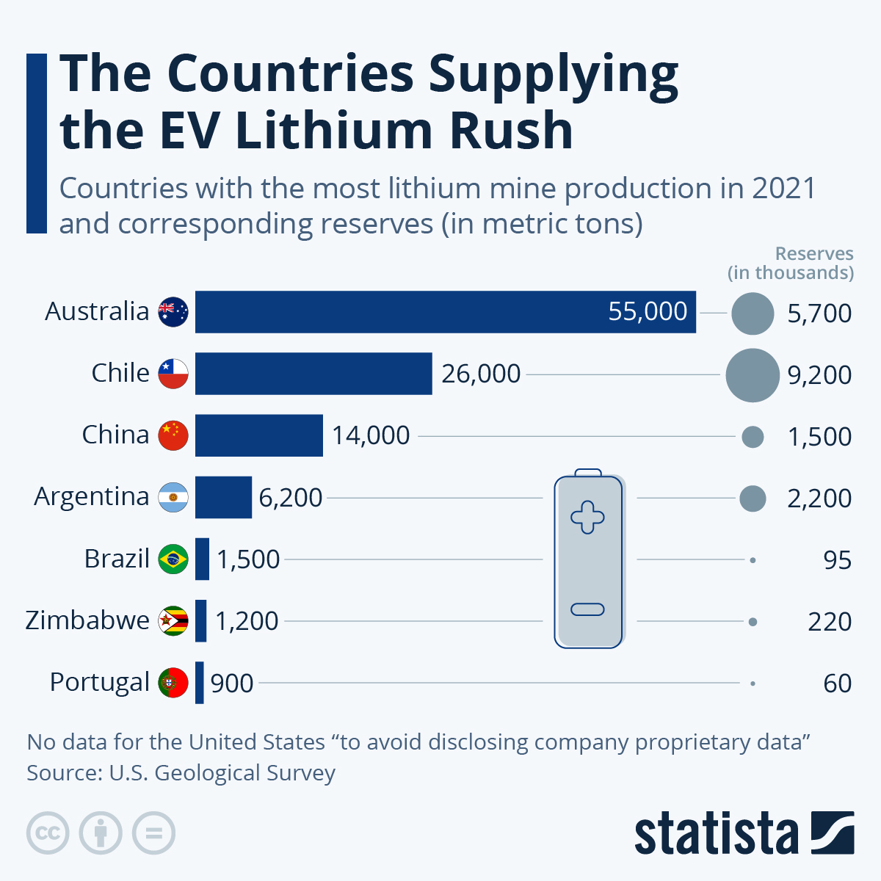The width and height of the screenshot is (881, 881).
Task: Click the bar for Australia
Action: pos(396,312)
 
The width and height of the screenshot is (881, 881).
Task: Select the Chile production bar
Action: pos(313,374)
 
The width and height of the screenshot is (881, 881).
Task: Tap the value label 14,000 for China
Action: pos(371,435)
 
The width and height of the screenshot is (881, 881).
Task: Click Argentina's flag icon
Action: pos(173,497)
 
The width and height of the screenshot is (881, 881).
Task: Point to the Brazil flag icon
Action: pos(173,559)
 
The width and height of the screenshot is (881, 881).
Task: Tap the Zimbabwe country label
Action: pos(87,620)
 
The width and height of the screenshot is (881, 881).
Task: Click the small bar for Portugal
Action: pos(200,682)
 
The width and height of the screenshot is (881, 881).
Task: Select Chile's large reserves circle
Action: pos(752,375)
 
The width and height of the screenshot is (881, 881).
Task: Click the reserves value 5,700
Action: pos(819,313)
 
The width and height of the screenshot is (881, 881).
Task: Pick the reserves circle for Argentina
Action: pos(753,498)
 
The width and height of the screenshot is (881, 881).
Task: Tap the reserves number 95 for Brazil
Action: pos(837,560)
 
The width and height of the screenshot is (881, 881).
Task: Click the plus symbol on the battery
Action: pos(587,517)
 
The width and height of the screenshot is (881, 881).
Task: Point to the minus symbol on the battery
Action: pos(587,609)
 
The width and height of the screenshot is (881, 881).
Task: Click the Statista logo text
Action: pos(716,834)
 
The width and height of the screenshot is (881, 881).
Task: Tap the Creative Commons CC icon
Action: pos(48,833)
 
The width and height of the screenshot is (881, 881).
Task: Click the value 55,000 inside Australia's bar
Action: pos(648,311)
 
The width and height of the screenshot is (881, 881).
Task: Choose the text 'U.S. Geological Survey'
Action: pos(222,773)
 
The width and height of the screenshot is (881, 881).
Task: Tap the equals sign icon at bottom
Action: pos(153,833)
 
